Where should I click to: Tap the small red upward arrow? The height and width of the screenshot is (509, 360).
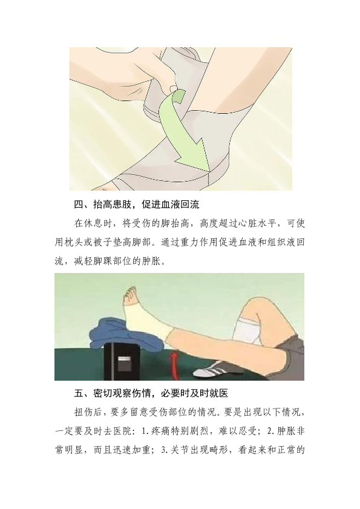click(x=175, y=366)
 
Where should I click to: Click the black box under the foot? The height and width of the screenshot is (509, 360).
click(x=122, y=361)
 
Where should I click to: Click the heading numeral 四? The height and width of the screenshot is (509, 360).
click(x=79, y=205)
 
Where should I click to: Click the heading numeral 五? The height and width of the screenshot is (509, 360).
click(x=79, y=393)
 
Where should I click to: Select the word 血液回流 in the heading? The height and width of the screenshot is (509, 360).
click(x=180, y=205)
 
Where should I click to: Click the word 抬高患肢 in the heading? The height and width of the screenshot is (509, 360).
click(x=113, y=205)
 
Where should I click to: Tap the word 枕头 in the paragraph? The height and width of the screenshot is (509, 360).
click(x=74, y=242)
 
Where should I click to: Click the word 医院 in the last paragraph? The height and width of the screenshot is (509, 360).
click(x=122, y=431)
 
